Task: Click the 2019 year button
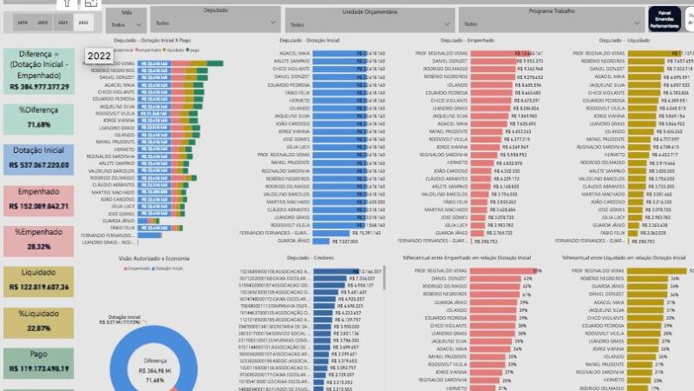click(x=22, y=21)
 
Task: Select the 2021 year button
click(x=62, y=21)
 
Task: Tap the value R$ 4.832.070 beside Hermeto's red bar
click(x=510, y=162)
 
